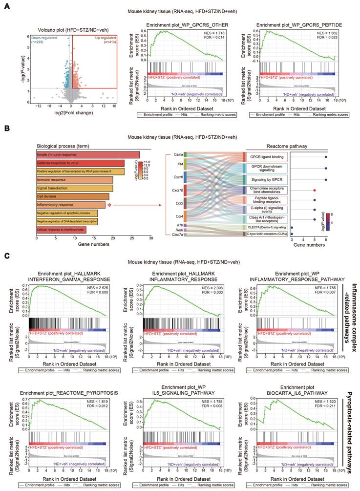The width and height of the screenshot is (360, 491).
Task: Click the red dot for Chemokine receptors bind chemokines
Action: tap(315, 190)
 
